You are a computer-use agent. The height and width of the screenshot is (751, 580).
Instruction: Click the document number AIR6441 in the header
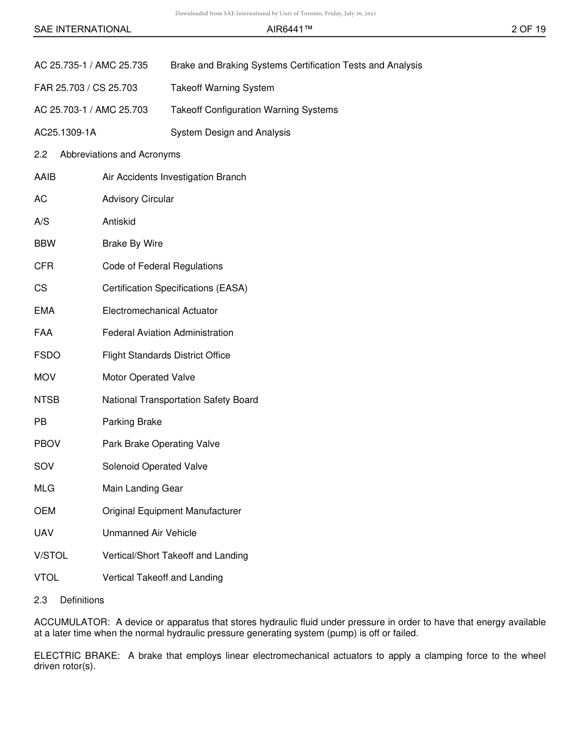coord(289,29)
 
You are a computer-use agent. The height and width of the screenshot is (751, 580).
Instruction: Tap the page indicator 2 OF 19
coord(528,29)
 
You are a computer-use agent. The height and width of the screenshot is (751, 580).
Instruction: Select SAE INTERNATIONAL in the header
coord(82,29)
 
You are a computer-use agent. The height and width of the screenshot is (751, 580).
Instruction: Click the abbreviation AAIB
coord(45,177)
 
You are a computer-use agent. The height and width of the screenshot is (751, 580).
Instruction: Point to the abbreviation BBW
coord(45,244)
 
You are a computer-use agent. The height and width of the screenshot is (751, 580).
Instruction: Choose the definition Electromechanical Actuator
coord(160,311)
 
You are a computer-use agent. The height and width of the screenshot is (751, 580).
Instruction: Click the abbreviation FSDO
coord(47,355)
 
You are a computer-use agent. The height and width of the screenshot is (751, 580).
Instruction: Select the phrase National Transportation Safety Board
coord(180,400)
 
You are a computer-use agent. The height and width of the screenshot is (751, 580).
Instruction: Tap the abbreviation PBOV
coord(47,444)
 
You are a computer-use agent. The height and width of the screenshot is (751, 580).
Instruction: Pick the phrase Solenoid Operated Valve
coord(155,466)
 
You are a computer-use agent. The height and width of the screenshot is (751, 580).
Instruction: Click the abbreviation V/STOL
coord(51,556)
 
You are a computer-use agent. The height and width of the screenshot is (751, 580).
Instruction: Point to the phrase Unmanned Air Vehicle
coord(150,533)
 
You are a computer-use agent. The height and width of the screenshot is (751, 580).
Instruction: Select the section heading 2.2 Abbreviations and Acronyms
coord(107,154)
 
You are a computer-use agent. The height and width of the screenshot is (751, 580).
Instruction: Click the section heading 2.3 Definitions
coord(69,600)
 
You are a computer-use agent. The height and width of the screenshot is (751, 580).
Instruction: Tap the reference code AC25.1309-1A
coord(65,132)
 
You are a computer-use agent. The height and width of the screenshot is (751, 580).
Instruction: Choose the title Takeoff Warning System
coord(222,88)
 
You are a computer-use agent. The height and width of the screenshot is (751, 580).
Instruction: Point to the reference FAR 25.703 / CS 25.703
coord(85,88)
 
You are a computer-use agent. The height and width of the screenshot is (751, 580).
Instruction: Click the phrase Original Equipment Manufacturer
coord(172,511)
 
